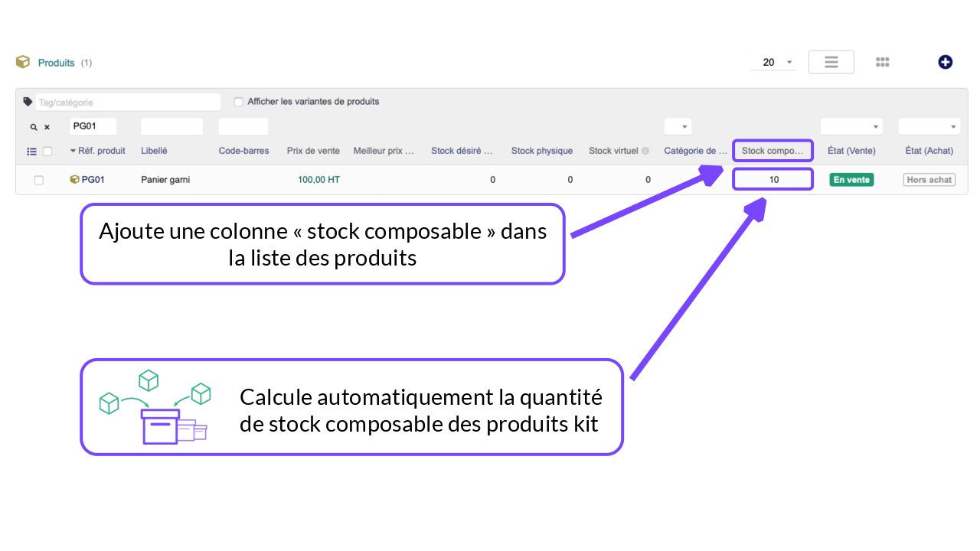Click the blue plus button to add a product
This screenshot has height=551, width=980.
click(945, 62)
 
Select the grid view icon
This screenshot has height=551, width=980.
click(883, 62)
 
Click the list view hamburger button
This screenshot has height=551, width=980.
click(831, 62)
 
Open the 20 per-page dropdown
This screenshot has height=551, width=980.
click(773, 62)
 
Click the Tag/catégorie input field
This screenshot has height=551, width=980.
click(128, 103)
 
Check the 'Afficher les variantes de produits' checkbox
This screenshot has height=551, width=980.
click(238, 102)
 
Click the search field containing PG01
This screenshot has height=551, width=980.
click(93, 126)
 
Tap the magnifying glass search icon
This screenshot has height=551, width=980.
click(34, 127)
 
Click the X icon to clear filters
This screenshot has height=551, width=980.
click(47, 127)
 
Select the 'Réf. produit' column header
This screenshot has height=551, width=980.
click(102, 151)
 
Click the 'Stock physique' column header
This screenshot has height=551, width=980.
click(541, 151)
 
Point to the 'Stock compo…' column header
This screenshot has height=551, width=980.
click(773, 151)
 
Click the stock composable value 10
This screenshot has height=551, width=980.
click(774, 180)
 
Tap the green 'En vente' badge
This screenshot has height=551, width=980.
click(851, 180)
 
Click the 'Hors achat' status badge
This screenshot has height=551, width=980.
click(929, 180)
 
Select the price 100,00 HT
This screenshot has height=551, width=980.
click(318, 180)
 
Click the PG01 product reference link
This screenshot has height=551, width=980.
click(93, 180)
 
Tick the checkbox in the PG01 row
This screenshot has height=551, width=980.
click(39, 180)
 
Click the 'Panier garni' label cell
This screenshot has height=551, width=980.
click(165, 180)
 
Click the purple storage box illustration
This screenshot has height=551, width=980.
click(160, 426)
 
